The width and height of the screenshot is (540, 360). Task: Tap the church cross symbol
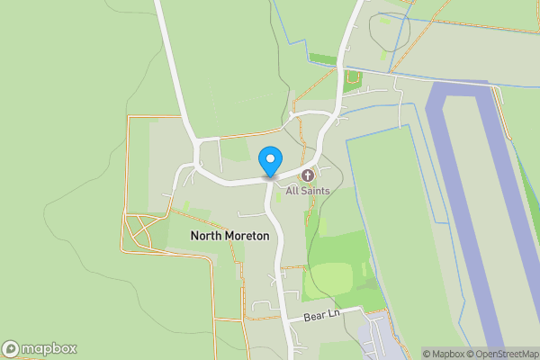[308, 175]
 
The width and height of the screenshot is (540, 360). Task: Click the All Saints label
[308, 191]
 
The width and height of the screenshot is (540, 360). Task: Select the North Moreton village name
[229, 236]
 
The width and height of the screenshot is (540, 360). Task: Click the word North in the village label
[205, 236]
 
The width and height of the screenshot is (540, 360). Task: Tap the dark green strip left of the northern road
[322, 59]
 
